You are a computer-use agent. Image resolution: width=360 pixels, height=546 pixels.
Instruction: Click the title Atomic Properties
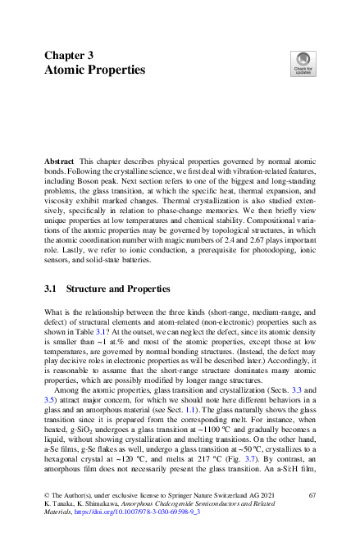(94, 71)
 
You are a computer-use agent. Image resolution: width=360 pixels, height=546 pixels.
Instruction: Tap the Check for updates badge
(302, 63)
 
